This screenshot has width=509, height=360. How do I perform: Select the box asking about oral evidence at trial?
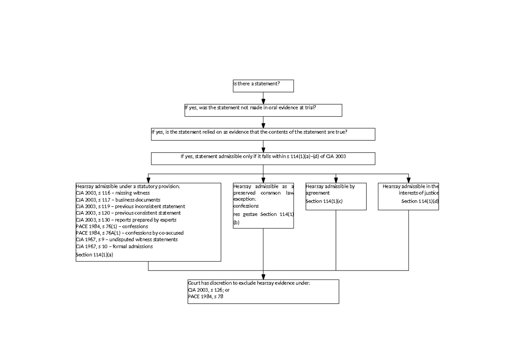click(263, 110)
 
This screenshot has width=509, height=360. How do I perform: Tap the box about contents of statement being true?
click(263, 134)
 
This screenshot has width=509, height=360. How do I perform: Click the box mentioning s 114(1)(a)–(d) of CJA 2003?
click(263, 159)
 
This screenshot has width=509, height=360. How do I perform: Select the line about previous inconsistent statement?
click(130, 206)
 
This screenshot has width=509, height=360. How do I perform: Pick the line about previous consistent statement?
click(128, 213)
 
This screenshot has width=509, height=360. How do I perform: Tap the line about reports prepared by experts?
click(126, 220)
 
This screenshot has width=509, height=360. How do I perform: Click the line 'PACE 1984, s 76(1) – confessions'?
click(112, 226)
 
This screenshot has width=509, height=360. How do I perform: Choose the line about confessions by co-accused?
click(129, 233)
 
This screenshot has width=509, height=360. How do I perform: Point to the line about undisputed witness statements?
click(126, 240)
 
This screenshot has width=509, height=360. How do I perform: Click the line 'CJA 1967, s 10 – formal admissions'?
click(114, 246)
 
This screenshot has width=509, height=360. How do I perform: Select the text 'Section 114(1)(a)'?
click(95, 255)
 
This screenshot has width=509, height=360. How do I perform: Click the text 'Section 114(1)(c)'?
click(324, 201)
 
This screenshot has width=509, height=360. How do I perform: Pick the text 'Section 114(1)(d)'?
click(420, 201)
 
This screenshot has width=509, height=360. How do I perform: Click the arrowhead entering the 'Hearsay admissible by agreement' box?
click(336, 180)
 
